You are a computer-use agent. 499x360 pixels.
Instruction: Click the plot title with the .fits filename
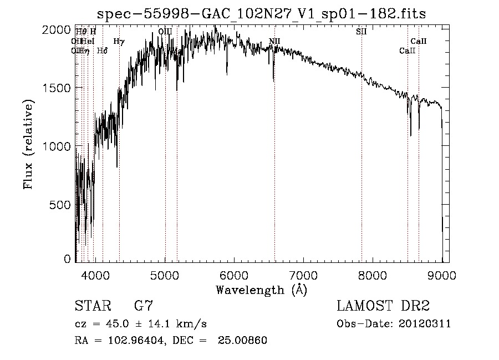point(261,14)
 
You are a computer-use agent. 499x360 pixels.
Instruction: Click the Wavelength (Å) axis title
point(261,290)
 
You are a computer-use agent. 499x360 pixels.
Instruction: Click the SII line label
point(361,32)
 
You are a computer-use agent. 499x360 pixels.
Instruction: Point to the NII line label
point(274,41)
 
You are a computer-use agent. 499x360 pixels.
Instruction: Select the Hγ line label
point(119,41)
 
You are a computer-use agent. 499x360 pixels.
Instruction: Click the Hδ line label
point(102,50)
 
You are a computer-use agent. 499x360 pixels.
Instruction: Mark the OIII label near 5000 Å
point(165,32)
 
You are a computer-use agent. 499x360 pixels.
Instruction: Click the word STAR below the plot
point(92,306)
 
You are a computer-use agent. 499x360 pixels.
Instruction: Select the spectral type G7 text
point(144,306)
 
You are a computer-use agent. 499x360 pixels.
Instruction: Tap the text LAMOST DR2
point(383,306)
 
